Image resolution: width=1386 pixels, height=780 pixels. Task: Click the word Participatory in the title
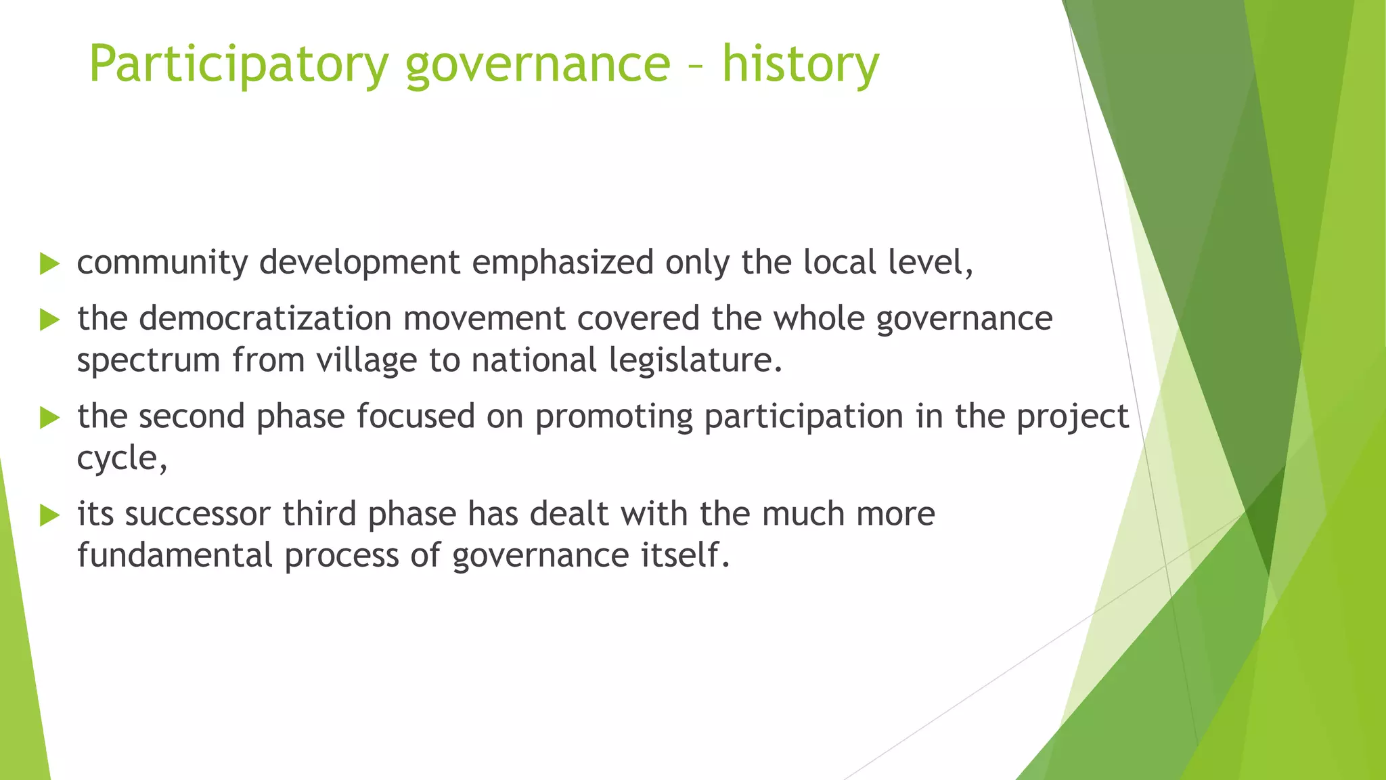click(238, 64)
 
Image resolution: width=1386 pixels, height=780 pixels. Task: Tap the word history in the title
click(800, 64)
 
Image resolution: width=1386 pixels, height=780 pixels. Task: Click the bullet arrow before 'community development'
click(49, 263)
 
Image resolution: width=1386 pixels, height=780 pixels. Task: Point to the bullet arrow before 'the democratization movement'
click(49, 320)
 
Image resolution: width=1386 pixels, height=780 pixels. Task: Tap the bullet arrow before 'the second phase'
click(49, 417)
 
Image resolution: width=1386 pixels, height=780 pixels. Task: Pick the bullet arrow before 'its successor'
click(49, 515)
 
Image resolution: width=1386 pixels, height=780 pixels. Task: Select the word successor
click(198, 514)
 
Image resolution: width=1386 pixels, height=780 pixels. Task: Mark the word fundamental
click(175, 556)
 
